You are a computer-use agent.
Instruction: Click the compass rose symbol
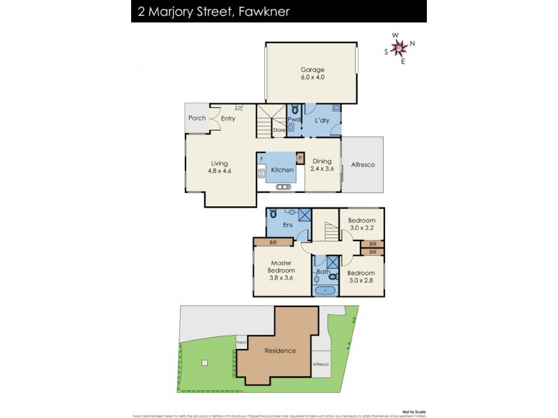click(400, 47)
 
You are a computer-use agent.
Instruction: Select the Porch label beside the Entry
click(197, 118)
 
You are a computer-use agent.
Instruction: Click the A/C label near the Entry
click(239, 109)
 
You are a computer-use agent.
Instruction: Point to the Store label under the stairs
click(278, 130)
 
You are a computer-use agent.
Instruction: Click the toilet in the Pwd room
click(295, 109)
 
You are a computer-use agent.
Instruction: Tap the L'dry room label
click(322, 121)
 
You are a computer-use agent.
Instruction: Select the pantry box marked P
click(300, 158)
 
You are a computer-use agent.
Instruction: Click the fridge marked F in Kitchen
click(262, 159)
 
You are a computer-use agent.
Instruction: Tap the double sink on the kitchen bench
click(283, 187)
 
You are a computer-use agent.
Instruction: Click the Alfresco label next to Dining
click(363, 164)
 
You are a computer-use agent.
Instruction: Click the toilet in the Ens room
click(273, 212)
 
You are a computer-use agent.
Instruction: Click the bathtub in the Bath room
click(324, 290)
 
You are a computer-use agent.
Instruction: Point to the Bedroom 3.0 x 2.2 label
click(361, 224)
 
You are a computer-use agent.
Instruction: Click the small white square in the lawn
click(204, 362)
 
